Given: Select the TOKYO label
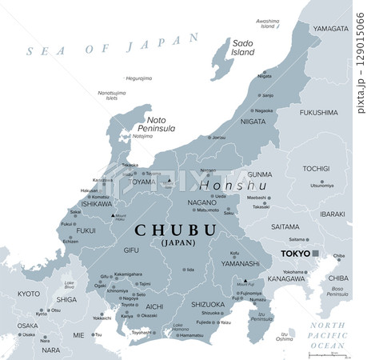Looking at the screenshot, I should [x=294, y=254].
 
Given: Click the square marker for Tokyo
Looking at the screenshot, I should [x=317, y=254].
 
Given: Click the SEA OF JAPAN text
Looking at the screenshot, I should [x=112, y=46].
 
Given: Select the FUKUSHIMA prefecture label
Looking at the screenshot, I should [x=318, y=113].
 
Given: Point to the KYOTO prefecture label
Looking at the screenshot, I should [x=29, y=294].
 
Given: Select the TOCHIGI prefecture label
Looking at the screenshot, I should [x=316, y=169].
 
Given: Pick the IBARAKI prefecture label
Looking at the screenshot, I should [x=330, y=215].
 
